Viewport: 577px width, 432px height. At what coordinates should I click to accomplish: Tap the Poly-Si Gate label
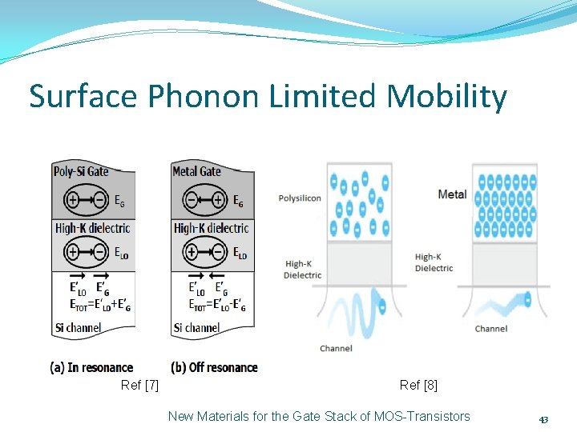pyautogui.click(x=81, y=170)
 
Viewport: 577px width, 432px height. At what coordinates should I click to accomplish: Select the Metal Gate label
pyautogui.click(x=196, y=170)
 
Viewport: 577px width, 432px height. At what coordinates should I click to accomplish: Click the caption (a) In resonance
pyautogui.click(x=91, y=367)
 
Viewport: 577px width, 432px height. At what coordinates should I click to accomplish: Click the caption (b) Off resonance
pyautogui.click(x=215, y=367)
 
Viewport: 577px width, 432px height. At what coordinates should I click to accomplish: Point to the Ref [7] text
pyautogui.click(x=139, y=386)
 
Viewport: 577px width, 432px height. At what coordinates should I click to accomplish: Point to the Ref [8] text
pyautogui.click(x=418, y=386)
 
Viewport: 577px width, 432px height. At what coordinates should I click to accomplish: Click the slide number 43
pyautogui.click(x=543, y=420)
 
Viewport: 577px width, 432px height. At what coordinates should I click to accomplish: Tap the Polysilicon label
pyautogui.click(x=300, y=198)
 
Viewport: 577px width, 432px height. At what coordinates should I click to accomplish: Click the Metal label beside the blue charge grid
pyautogui.click(x=452, y=194)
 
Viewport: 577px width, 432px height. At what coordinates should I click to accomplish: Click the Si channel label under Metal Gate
pyautogui.click(x=196, y=327)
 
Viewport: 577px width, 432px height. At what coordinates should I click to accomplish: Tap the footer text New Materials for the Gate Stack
pyautogui.click(x=319, y=416)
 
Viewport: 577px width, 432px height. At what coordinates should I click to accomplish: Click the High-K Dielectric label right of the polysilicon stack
pyautogui.click(x=434, y=262)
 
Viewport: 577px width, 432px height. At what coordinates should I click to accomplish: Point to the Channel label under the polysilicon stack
pyautogui.click(x=336, y=348)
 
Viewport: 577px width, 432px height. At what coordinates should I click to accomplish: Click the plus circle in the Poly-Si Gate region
pyautogui.click(x=72, y=201)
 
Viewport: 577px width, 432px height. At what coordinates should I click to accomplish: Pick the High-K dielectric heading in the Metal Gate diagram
pyautogui.click(x=211, y=228)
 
